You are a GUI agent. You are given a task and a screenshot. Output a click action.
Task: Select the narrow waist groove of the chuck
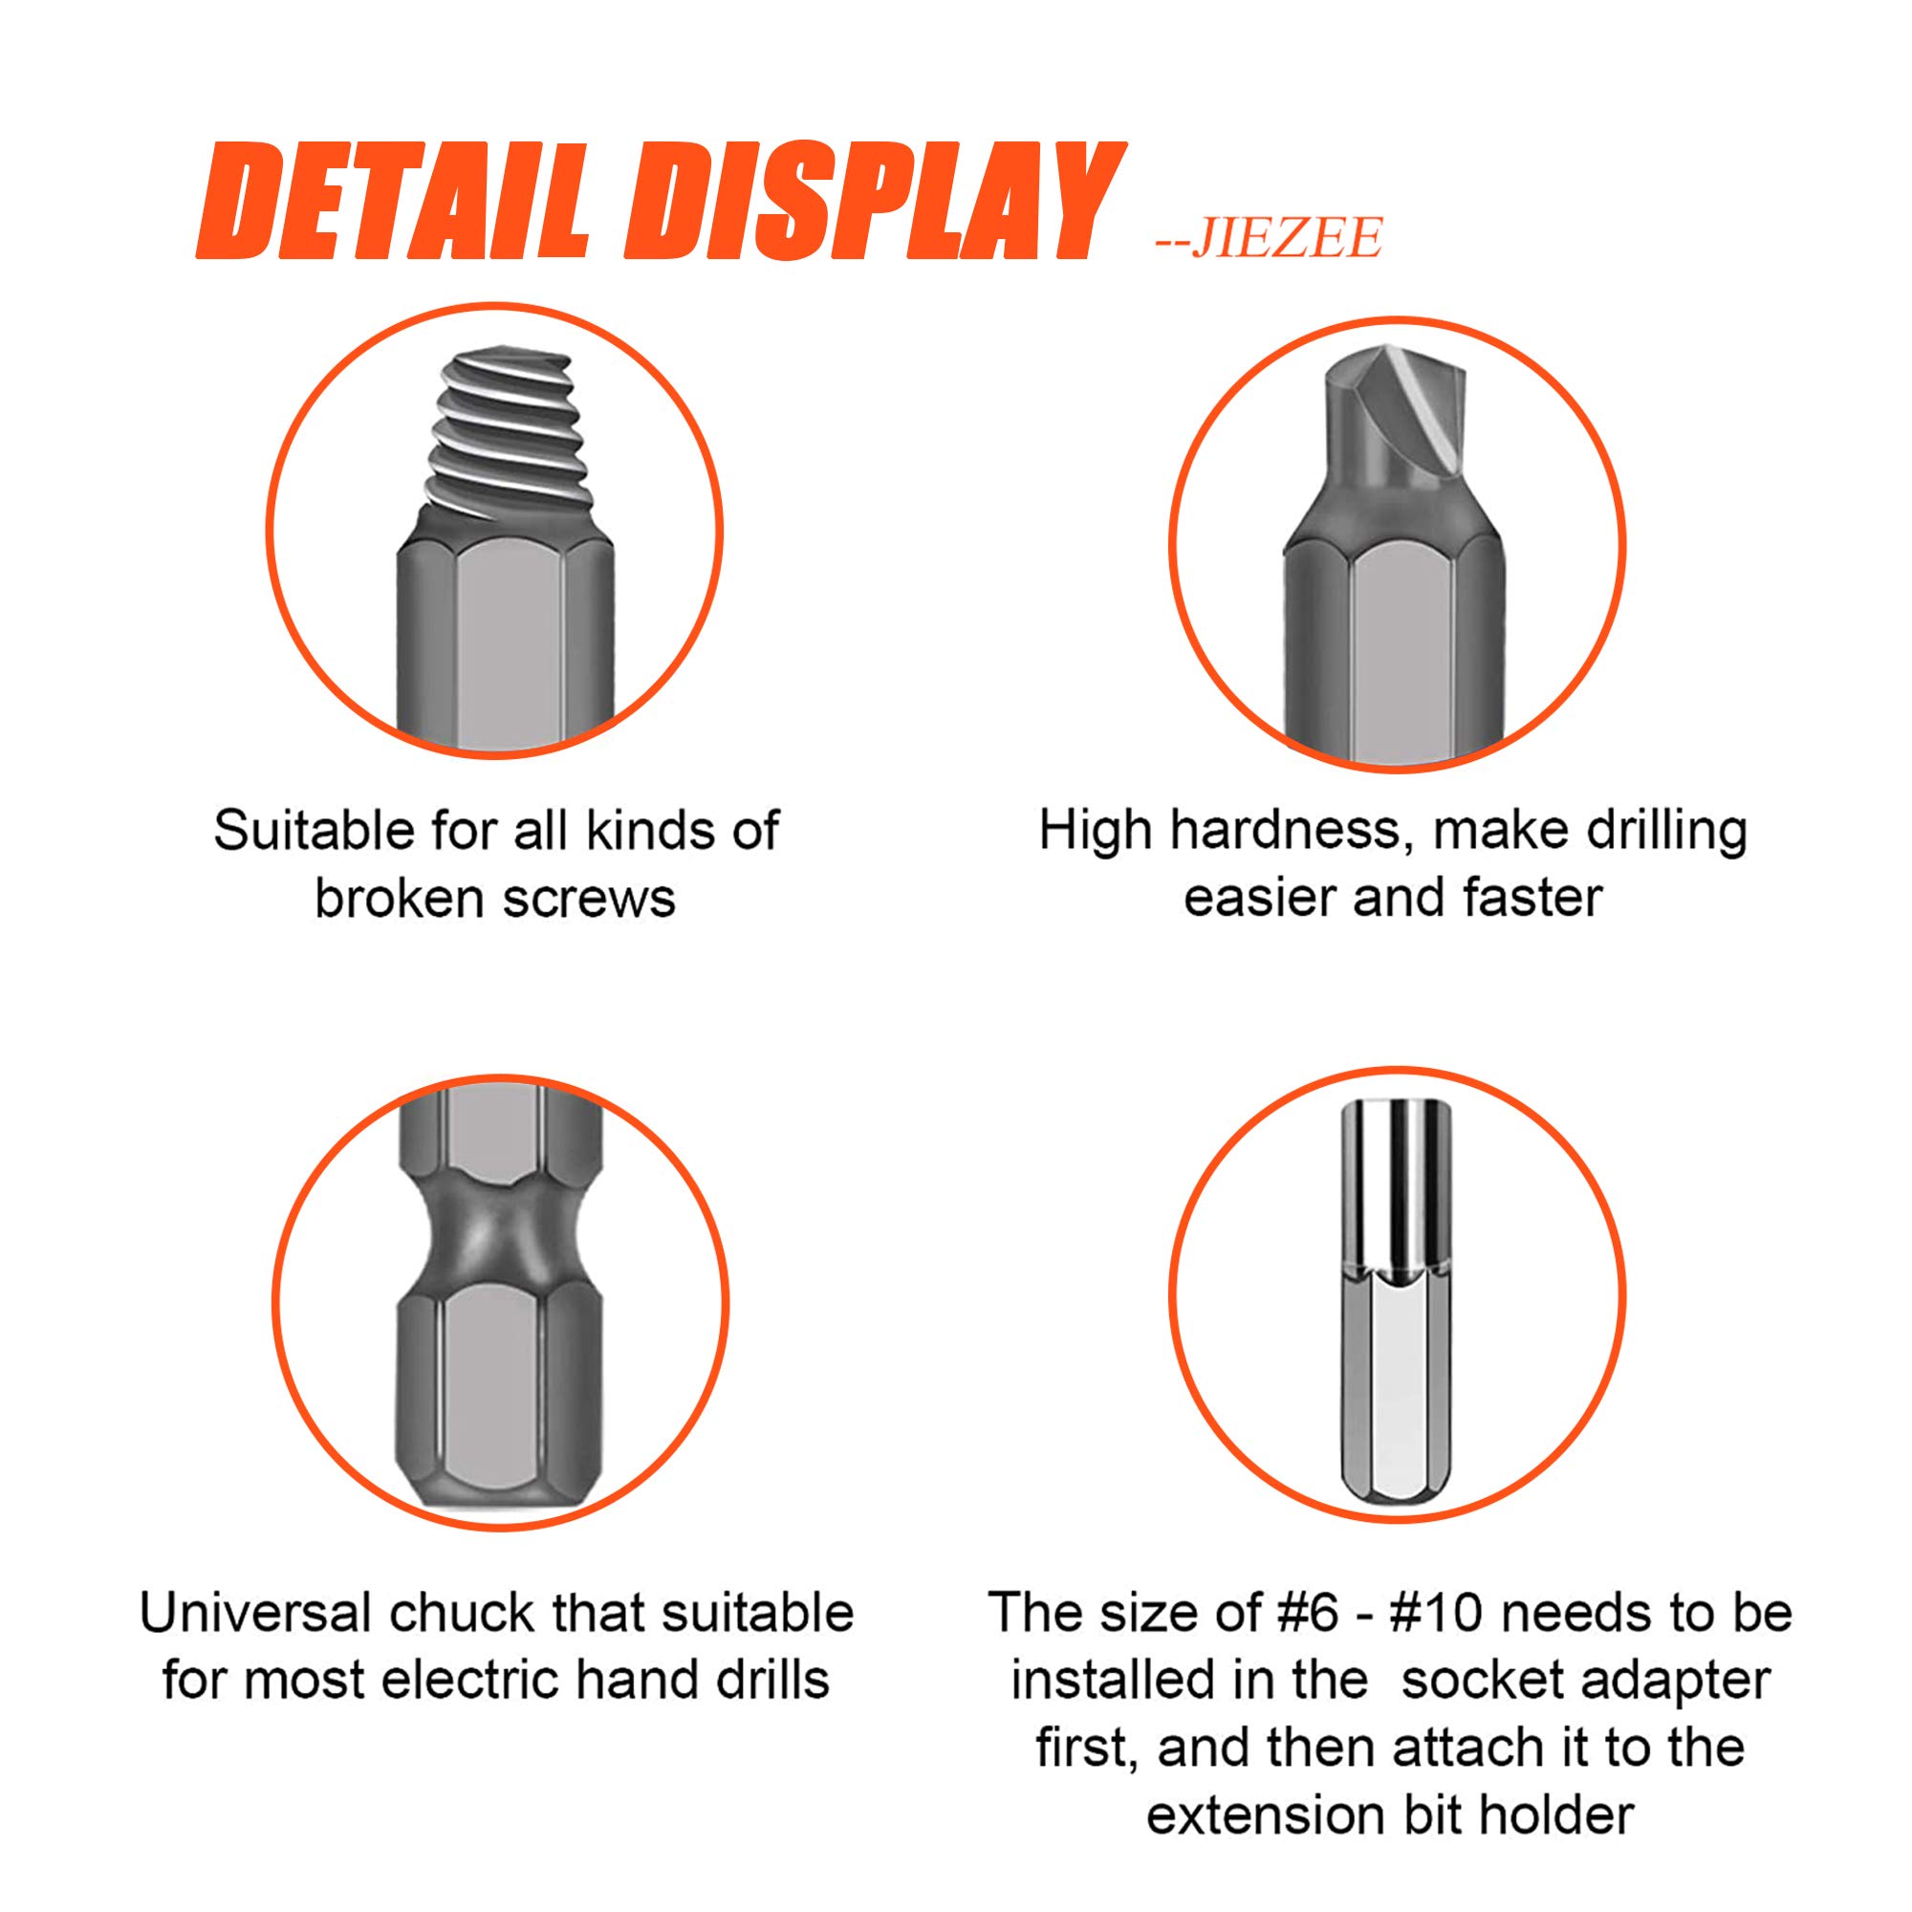500,1237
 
